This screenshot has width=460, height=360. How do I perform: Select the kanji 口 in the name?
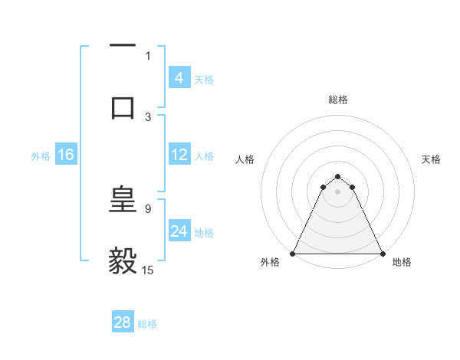[123, 106]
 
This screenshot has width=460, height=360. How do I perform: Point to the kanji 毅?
[123, 261]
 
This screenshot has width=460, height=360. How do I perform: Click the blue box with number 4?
[179, 78]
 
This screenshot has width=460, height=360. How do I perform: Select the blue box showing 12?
[179, 155]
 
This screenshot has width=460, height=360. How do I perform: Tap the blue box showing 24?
[179, 231]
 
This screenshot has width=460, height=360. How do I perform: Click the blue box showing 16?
[65, 155]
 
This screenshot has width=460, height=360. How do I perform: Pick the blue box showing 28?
[122, 322]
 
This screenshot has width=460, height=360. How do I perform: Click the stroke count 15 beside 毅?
[148, 270]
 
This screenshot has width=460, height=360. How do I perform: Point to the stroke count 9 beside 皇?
[148, 208]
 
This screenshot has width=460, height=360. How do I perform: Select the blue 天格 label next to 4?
[204, 79]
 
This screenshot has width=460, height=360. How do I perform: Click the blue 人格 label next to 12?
[204, 155]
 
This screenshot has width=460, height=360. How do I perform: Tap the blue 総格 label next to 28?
[147, 323]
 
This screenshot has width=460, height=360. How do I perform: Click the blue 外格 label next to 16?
[41, 155]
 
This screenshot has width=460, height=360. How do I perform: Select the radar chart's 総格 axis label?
[337, 100]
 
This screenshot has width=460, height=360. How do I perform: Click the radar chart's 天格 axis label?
[432, 159]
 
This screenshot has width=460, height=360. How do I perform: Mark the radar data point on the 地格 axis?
[382, 254]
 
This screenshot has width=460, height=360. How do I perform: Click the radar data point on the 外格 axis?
[293, 254]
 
